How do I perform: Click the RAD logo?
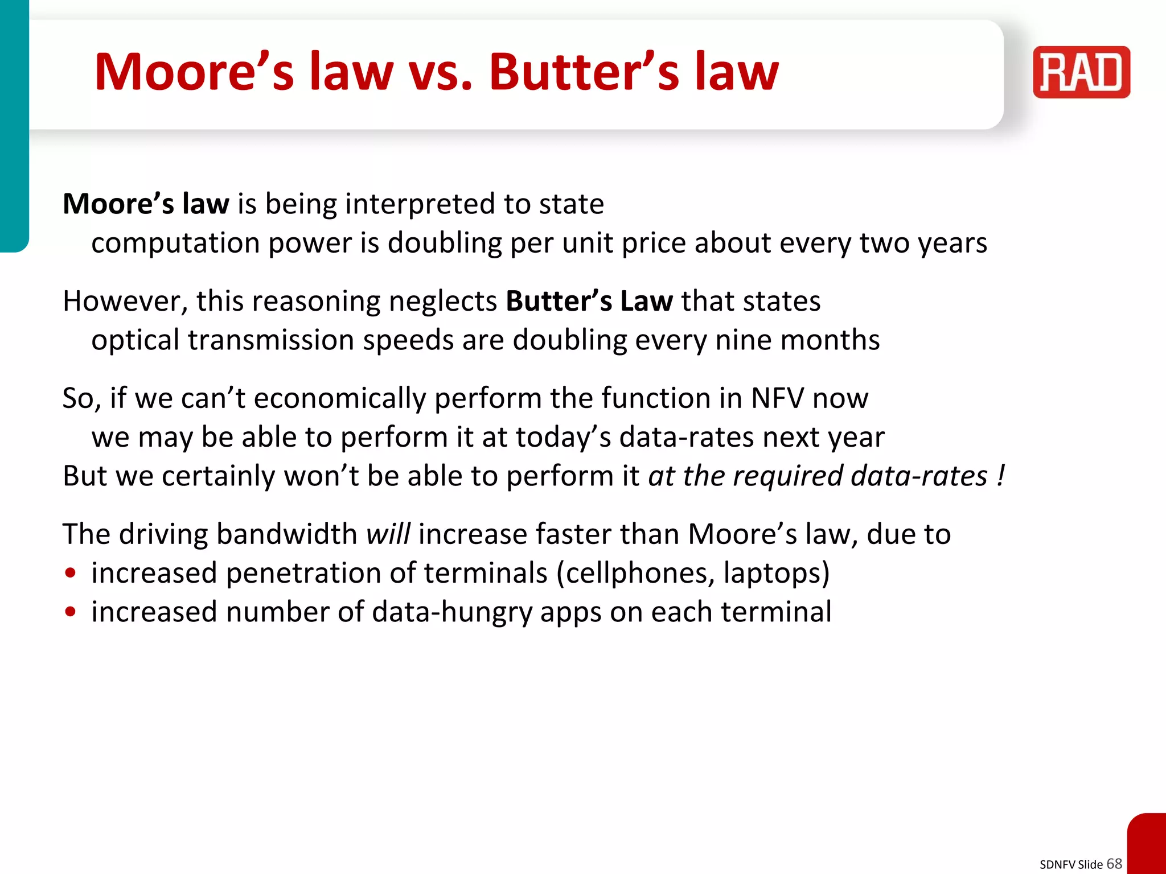click(1081, 72)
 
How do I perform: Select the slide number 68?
click(1114, 863)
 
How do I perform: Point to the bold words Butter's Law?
click(589, 301)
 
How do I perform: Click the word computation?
click(175, 244)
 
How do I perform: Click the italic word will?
click(388, 534)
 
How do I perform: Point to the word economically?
click(339, 398)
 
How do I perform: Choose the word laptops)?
click(777, 573)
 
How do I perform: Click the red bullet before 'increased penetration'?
click(71, 573)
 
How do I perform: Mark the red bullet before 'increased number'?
click(71, 612)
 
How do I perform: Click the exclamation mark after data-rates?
click(1001, 476)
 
